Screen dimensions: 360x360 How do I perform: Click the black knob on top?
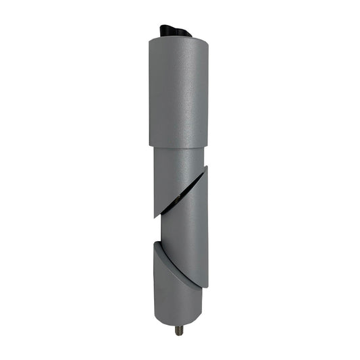coord(175,30)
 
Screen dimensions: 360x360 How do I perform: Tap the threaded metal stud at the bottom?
coord(180,331)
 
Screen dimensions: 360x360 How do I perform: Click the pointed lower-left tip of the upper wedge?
coord(155,216)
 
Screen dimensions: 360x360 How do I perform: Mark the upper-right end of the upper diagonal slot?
coord(205,168)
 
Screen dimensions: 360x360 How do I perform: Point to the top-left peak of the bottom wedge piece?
coord(156,243)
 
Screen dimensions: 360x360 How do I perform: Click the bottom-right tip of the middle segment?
coord(207,286)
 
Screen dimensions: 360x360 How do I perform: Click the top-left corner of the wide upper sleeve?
coord(150,41)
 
